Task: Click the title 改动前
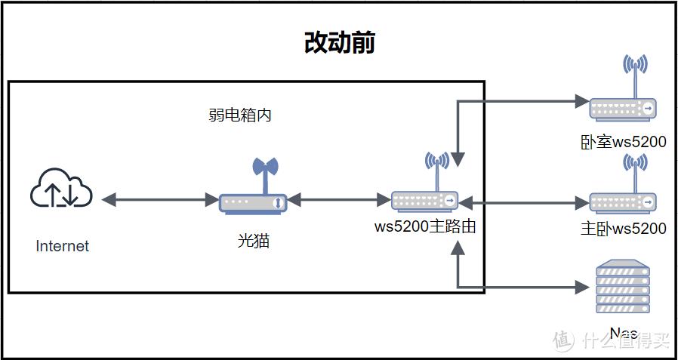coord(339,43)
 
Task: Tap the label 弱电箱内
coord(240,115)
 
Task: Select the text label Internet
coord(62,246)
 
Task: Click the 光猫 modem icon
coord(254,202)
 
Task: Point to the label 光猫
coord(254,241)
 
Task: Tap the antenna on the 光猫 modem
coord(264,171)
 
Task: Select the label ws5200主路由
coord(425,226)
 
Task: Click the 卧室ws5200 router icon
coord(623,109)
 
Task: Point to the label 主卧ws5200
coord(624,228)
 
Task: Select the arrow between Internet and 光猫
coord(159,200)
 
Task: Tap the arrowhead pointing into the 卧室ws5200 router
coord(581,100)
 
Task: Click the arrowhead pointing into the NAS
coord(581,287)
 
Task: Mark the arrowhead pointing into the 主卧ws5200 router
coord(581,202)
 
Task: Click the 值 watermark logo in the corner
coord(563,340)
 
